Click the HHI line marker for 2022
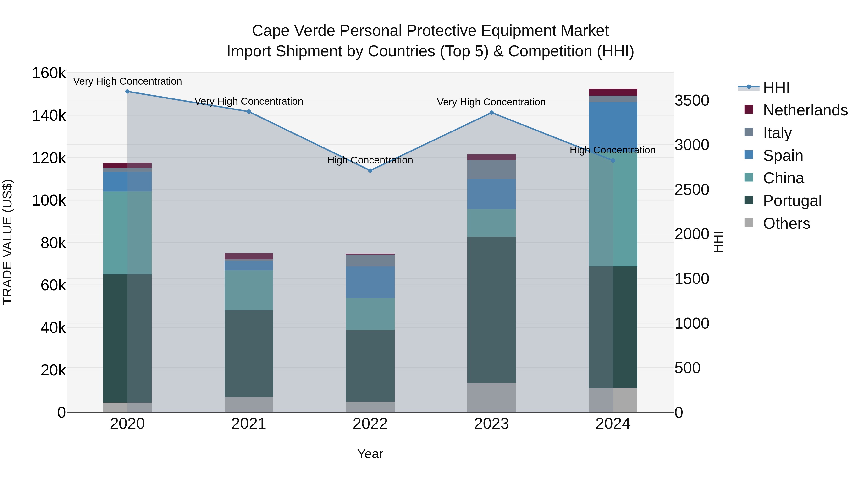pos(370,170)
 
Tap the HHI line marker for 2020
pos(127,92)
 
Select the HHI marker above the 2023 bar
pos(491,113)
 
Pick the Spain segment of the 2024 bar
pos(613,127)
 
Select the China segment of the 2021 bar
pos(249,290)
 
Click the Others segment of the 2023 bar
pos(491,397)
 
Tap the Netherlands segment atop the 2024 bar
pos(613,92)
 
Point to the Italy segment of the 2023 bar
pos(491,169)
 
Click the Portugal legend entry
pos(792,201)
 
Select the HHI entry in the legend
pos(776,87)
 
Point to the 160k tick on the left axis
pos(49,73)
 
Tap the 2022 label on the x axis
pos(370,424)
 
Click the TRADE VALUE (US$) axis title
pos(7,242)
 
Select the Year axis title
pos(370,454)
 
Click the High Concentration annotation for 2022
pos(370,160)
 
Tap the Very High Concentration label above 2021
pos(249,101)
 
